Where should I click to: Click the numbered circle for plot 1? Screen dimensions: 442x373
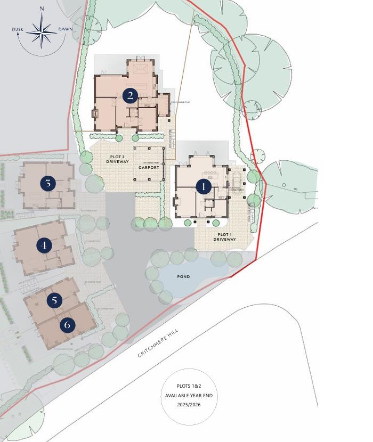point(203,187)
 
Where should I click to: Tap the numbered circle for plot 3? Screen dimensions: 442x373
point(48,184)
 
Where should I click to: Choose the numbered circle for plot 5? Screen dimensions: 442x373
point(54,300)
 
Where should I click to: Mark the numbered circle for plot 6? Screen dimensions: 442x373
point(67,324)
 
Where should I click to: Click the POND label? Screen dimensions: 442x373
point(183,277)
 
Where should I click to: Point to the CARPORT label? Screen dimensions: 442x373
point(149,167)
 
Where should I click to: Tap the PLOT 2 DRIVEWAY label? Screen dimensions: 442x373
point(118,159)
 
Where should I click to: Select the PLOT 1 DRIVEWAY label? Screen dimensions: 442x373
point(224,237)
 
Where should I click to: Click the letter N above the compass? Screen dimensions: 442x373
point(42,9)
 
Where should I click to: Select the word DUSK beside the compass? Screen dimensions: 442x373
point(18,29)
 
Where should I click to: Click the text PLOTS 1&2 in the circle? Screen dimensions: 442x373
point(190,386)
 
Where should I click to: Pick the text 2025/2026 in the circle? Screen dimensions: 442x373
point(190,405)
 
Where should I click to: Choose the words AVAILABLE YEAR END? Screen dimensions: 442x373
point(190,395)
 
